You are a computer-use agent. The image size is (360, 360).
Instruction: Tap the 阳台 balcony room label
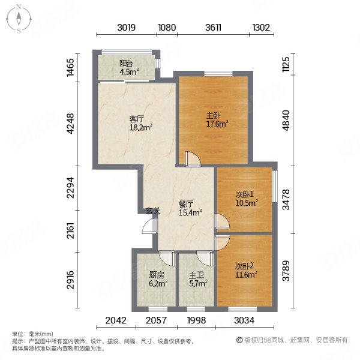click(126, 64)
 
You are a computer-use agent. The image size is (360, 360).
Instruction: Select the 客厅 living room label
click(137, 119)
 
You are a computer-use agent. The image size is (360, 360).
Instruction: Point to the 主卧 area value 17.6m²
click(217, 124)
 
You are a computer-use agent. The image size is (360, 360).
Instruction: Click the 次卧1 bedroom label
click(245, 194)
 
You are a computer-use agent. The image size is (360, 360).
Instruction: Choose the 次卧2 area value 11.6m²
click(246, 274)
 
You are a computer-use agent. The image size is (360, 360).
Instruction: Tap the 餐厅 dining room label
click(186, 204)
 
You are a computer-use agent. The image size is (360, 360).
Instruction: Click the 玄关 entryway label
click(154, 211)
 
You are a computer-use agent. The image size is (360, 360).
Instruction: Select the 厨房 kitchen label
click(157, 275)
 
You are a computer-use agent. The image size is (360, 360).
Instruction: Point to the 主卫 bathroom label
click(197, 275)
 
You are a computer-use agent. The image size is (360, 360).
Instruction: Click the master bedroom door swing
click(193, 158)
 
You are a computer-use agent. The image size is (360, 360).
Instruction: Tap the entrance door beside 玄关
click(150, 226)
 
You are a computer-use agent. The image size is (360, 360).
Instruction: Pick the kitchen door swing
click(167, 259)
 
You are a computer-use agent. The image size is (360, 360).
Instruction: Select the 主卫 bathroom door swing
click(205, 259)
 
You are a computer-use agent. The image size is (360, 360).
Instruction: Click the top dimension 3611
click(213, 28)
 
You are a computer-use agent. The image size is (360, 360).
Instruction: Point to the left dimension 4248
click(71, 124)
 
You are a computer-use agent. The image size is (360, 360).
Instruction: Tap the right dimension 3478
click(286, 200)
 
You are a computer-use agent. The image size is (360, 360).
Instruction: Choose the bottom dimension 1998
click(197, 320)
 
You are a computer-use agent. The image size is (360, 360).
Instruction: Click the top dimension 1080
click(167, 28)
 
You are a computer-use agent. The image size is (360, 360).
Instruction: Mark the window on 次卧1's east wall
click(275, 186)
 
